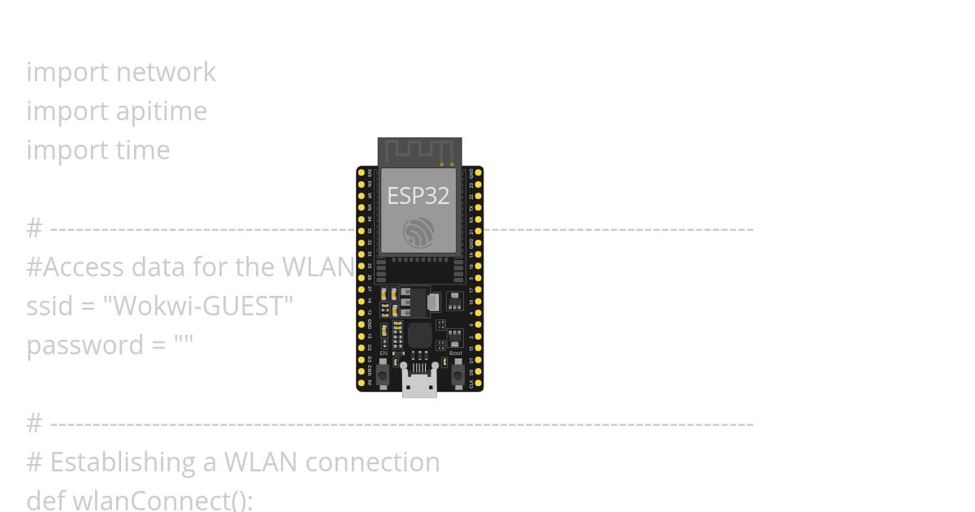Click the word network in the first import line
pos(166,72)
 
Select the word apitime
pos(162,111)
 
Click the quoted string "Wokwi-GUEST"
pos(197,306)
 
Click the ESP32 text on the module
pos(418,196)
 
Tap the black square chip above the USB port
pos(420,335)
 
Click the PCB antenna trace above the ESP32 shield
pos(419,150)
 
